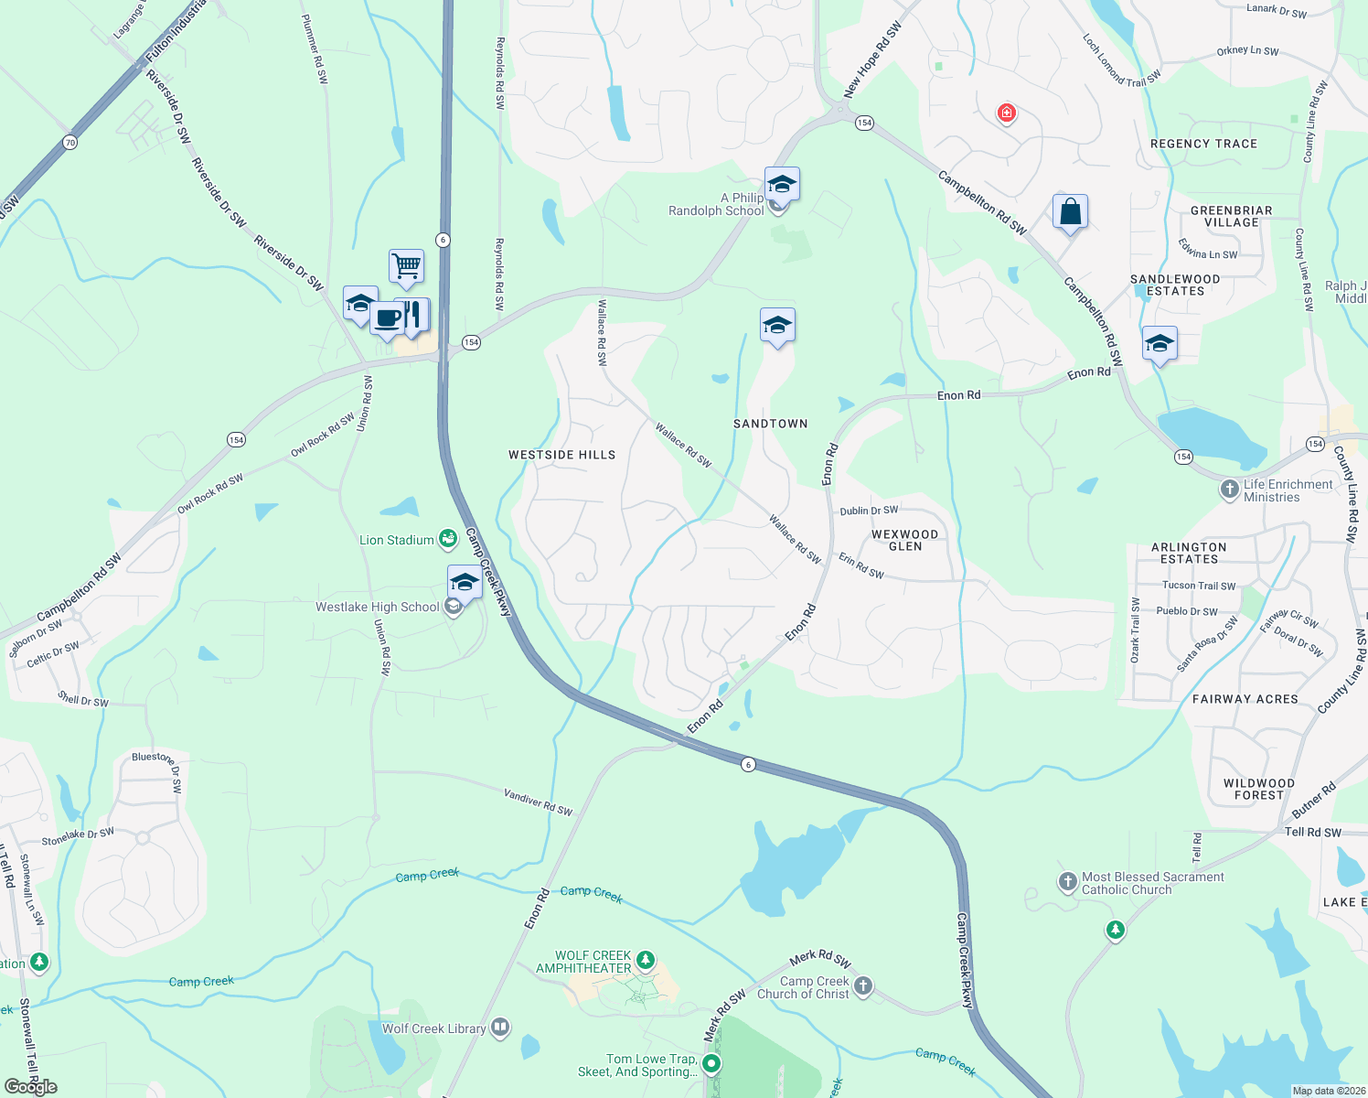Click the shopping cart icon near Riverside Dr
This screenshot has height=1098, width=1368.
[406, 266]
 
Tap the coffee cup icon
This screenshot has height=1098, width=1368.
[388, 318]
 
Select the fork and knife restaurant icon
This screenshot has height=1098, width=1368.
[412, 315]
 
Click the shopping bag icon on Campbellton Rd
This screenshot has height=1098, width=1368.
[1070, 212]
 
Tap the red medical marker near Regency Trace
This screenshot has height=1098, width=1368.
[1007, 113]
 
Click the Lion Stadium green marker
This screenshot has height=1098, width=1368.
[448, 539]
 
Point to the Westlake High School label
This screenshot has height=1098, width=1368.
[378, 607]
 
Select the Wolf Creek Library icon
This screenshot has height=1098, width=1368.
[500, 1028]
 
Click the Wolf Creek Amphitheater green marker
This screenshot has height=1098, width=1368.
[646, 960]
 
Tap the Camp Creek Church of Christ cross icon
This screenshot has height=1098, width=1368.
[863, 986]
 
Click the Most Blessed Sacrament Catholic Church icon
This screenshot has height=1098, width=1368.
[1067, 882]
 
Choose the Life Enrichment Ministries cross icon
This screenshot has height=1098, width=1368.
[1230, 490]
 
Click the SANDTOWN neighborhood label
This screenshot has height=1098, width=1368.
[771, 424]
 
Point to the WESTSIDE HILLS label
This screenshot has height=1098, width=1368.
[561, 455]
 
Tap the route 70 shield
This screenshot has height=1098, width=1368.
[70, 142]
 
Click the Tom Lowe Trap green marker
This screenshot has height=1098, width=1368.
[711, 1063]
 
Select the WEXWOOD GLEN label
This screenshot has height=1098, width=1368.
[904, 540]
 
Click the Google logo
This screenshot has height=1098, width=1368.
[31, 1087]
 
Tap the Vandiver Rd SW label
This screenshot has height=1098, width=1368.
[538, 802]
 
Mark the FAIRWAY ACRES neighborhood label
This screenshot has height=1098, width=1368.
[1245, 699]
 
